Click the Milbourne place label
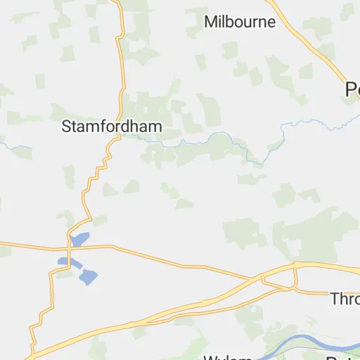tap(240, 22)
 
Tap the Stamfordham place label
tap(112, 127)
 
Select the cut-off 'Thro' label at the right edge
tap(345, 299)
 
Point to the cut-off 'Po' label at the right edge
tap(352, 89)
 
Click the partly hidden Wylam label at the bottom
tap(228, 357)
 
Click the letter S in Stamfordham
tap(67, 127)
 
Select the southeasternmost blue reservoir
tap(89, 276)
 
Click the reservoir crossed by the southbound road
tap(65, 262)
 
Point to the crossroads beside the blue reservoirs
tap(69, 247)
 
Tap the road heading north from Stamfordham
tap(122, 63)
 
